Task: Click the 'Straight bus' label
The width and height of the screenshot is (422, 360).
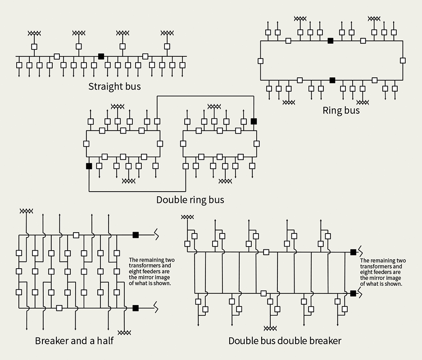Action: (x=114, y=86)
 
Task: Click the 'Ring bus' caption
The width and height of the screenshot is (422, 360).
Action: (x=341, y=110)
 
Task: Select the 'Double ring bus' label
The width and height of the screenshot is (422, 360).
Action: (x=190, y=199)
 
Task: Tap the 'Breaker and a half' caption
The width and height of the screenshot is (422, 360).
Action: (x=74, y=341)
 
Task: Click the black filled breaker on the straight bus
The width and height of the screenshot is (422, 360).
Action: (x=101, y=56)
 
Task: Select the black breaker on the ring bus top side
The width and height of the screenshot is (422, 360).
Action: (x=331, y=41)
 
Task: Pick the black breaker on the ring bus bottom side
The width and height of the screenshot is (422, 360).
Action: (x=332, y=80)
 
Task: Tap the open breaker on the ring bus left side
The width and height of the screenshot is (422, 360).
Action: (x=260, y=61)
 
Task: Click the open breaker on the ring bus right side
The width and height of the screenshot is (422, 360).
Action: (x=403, y=61)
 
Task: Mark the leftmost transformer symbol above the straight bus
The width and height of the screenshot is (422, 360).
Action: (x=34, y=33)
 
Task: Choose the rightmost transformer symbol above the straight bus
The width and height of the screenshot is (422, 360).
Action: (x=167, y=33)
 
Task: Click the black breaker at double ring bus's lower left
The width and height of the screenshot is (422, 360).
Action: (x=89, y=166)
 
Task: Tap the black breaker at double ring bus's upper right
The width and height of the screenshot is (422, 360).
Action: (x=254, y=121)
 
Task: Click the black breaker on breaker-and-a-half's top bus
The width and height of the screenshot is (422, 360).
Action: (x=135, y=235)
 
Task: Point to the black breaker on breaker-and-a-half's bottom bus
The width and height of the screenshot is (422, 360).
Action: (x=135, y=308)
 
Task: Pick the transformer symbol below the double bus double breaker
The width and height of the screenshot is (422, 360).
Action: (x=270, y=328)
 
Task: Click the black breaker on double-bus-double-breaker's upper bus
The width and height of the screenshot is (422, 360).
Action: (x=353, y=252)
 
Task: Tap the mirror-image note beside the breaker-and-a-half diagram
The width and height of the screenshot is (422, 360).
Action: (x=152, y=271)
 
